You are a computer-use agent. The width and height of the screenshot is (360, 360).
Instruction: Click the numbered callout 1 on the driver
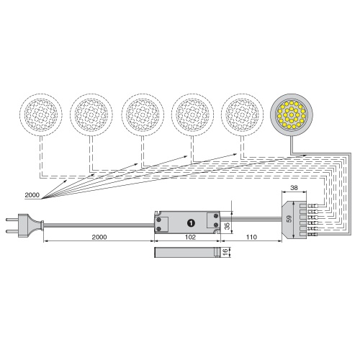pyautogui.click(x=191, y=223)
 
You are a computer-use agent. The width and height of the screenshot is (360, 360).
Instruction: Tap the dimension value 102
pyautogui.click(x=190, y=237)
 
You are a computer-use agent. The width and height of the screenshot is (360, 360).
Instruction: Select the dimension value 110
pyautogui.click(x=251, y=237)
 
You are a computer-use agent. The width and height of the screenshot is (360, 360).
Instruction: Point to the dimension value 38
pyautogui.click(x=294, y=187)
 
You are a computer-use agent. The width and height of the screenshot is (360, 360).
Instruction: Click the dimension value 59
pyautogui.click(x=289, y=218)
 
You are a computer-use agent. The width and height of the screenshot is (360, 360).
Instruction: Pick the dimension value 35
pyautogui.click(x=227, y=225)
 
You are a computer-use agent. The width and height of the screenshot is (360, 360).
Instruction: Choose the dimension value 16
pyautogui.click(x=225, y=252)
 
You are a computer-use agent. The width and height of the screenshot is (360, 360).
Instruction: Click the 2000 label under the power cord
pyautogui.click(x=99, y=237)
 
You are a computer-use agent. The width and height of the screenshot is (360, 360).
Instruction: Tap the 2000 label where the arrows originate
pyautogui.click(x=32, y=195)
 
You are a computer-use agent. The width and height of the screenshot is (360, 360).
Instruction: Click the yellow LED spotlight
pyautogui.click(x=292, y=114)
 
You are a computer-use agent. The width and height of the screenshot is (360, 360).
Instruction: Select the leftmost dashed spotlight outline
pyautogui.click(x=41, y=114)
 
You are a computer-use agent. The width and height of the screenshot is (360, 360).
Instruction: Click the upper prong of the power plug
pyautogui.click(x=12, y=220)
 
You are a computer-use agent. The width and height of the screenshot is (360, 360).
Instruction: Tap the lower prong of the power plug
pyautogui.click(x=12, y=232)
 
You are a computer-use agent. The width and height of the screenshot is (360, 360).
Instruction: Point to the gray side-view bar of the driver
pyautogui.click(x=187, y=252)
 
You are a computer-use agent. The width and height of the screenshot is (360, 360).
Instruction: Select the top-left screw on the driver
pyautogui.click(x=158, y=220)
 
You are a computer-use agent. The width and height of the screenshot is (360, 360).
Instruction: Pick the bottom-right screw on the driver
pyautogui.click(x=216, y=225)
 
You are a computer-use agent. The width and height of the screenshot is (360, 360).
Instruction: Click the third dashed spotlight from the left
pyautogui.click(x=143, y=114)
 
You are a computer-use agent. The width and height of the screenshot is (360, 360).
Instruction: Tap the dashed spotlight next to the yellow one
pyautogui.click(x=243, y=114)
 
